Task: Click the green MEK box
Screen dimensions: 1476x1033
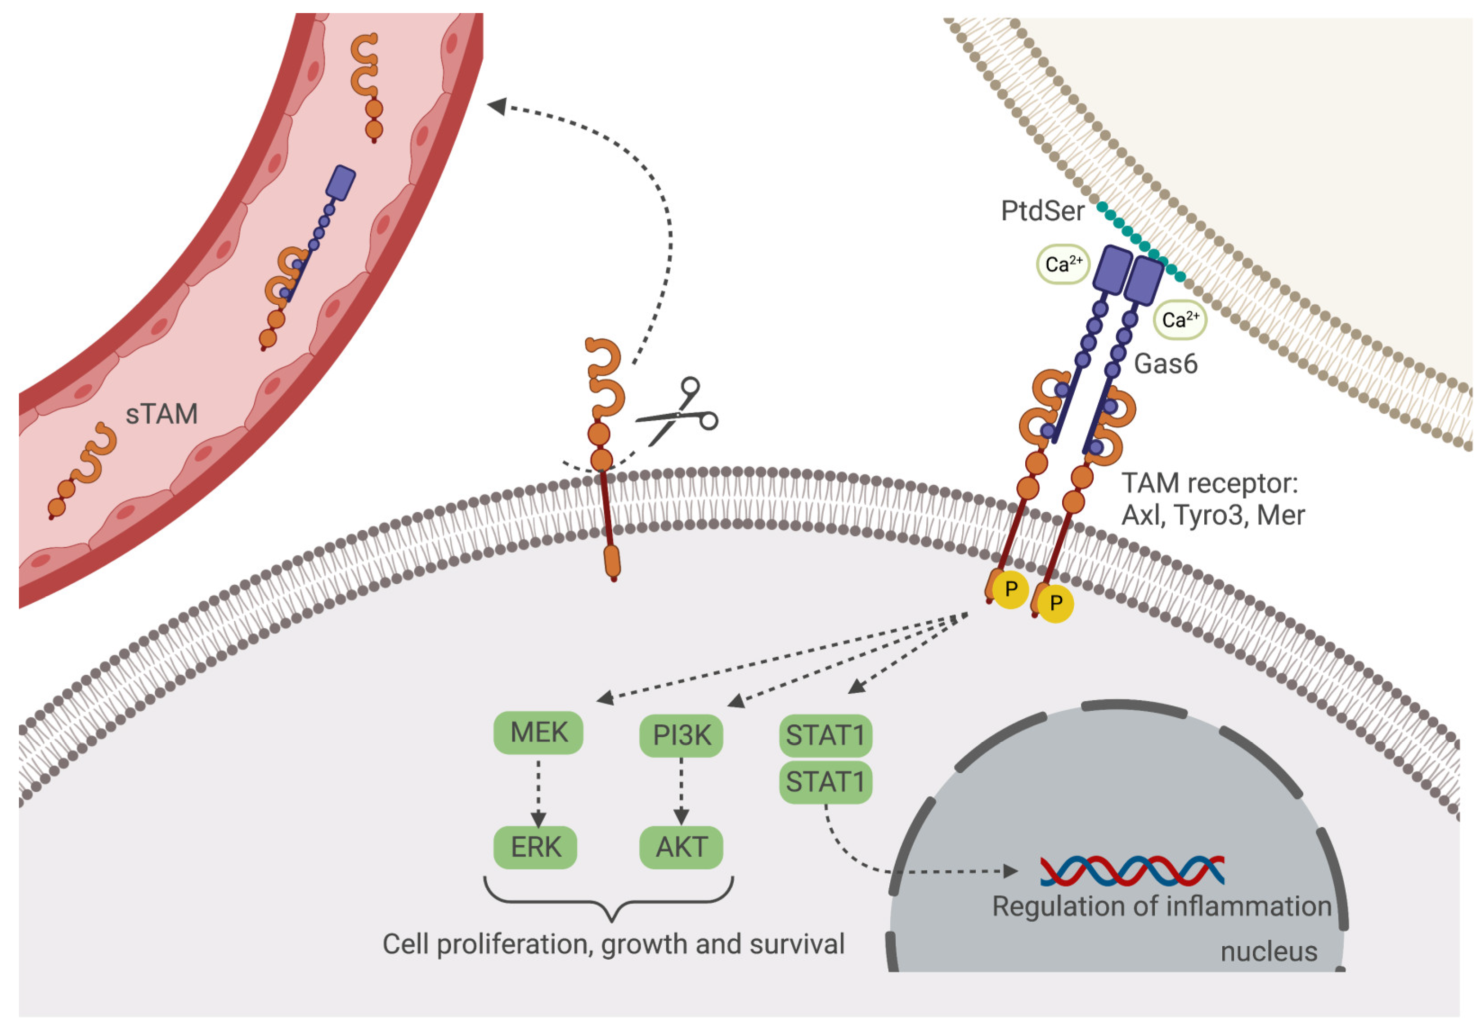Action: click(x=538, y=733)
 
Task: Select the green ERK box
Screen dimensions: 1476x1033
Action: click(x=535, y=847)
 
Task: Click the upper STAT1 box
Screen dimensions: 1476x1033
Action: click(x=825, y=735)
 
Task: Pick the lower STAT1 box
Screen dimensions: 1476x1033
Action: click(x=825, y=782)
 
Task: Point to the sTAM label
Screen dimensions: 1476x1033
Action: click(x=162, y=414)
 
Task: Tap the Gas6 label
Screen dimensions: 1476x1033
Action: click(x=1166, y=364)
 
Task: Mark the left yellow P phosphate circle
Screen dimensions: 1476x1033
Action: click(x=1010, y=589)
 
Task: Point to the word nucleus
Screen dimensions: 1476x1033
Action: click(x=1268, y=952)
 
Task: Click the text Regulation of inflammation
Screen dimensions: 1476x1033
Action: click(x=1162, y=906)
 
